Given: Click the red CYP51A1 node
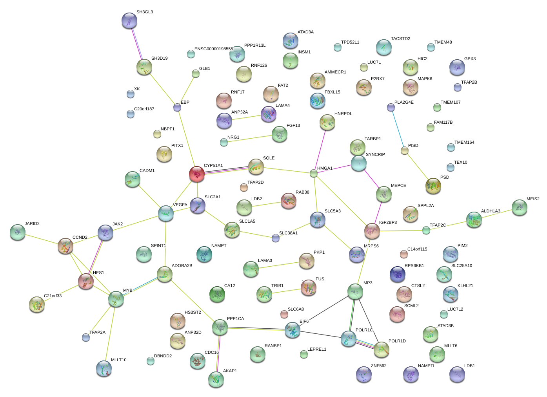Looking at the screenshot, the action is pyautogui.click(x=197, y=174).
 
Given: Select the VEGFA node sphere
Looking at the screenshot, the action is pyautogui.click(x=166, y=213).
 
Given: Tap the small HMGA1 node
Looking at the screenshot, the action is pyautogui.click(x=314, y=174).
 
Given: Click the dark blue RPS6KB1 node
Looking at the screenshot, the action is pyautogui.click(x=398, y=274).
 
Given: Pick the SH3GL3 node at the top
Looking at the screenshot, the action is pyautogui.click(x=129, y=20).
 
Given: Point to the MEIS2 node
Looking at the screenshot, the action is pyautogui.click(x=520, y=207).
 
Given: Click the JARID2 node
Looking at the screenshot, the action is pyautogui.click(x=18, y=232).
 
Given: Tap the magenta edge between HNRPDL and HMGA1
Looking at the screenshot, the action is pyautogui.click(x=320, y=150).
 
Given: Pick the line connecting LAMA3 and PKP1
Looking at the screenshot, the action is pyautogui.click(x=279, y=265).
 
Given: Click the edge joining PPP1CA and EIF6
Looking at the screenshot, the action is pyautogui.click(x=256, y=329).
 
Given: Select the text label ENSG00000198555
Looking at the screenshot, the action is pyautogui.click(x=214, y=49).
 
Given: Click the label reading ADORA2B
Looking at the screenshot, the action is pyautogui.click(x=182, y=265).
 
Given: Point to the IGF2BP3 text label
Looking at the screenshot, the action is pyautogui.click(x=388, y=222).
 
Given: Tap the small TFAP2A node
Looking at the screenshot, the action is pyautogui.click(x=86, y=338).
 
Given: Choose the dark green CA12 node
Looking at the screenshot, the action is pyautogui.click(x=217, y=294).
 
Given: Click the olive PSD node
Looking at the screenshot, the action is pyautogui.click(x=433, y=186).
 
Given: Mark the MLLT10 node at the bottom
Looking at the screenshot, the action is pyautogui.click(x=104, y=368).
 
